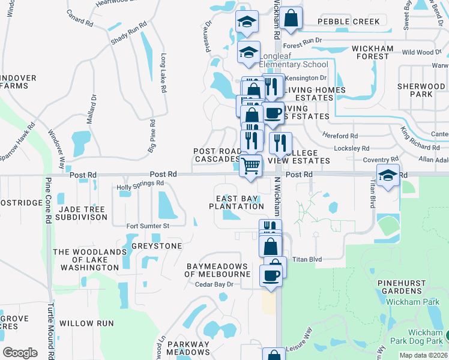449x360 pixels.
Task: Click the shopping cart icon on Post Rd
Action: point(251,165)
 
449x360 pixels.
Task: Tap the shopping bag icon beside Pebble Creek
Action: point(291,18)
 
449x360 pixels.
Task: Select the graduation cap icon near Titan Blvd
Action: point(388,175)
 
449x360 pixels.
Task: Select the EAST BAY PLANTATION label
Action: point(237,202)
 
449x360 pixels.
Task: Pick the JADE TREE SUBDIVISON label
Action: point(80,213)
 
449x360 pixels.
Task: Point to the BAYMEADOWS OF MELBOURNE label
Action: point(217,270)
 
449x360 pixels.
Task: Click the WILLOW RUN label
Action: point(86,323)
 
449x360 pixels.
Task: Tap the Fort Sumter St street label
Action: point(148,226)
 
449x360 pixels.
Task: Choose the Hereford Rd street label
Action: point(340,136)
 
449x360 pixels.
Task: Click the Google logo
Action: point(20,353)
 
